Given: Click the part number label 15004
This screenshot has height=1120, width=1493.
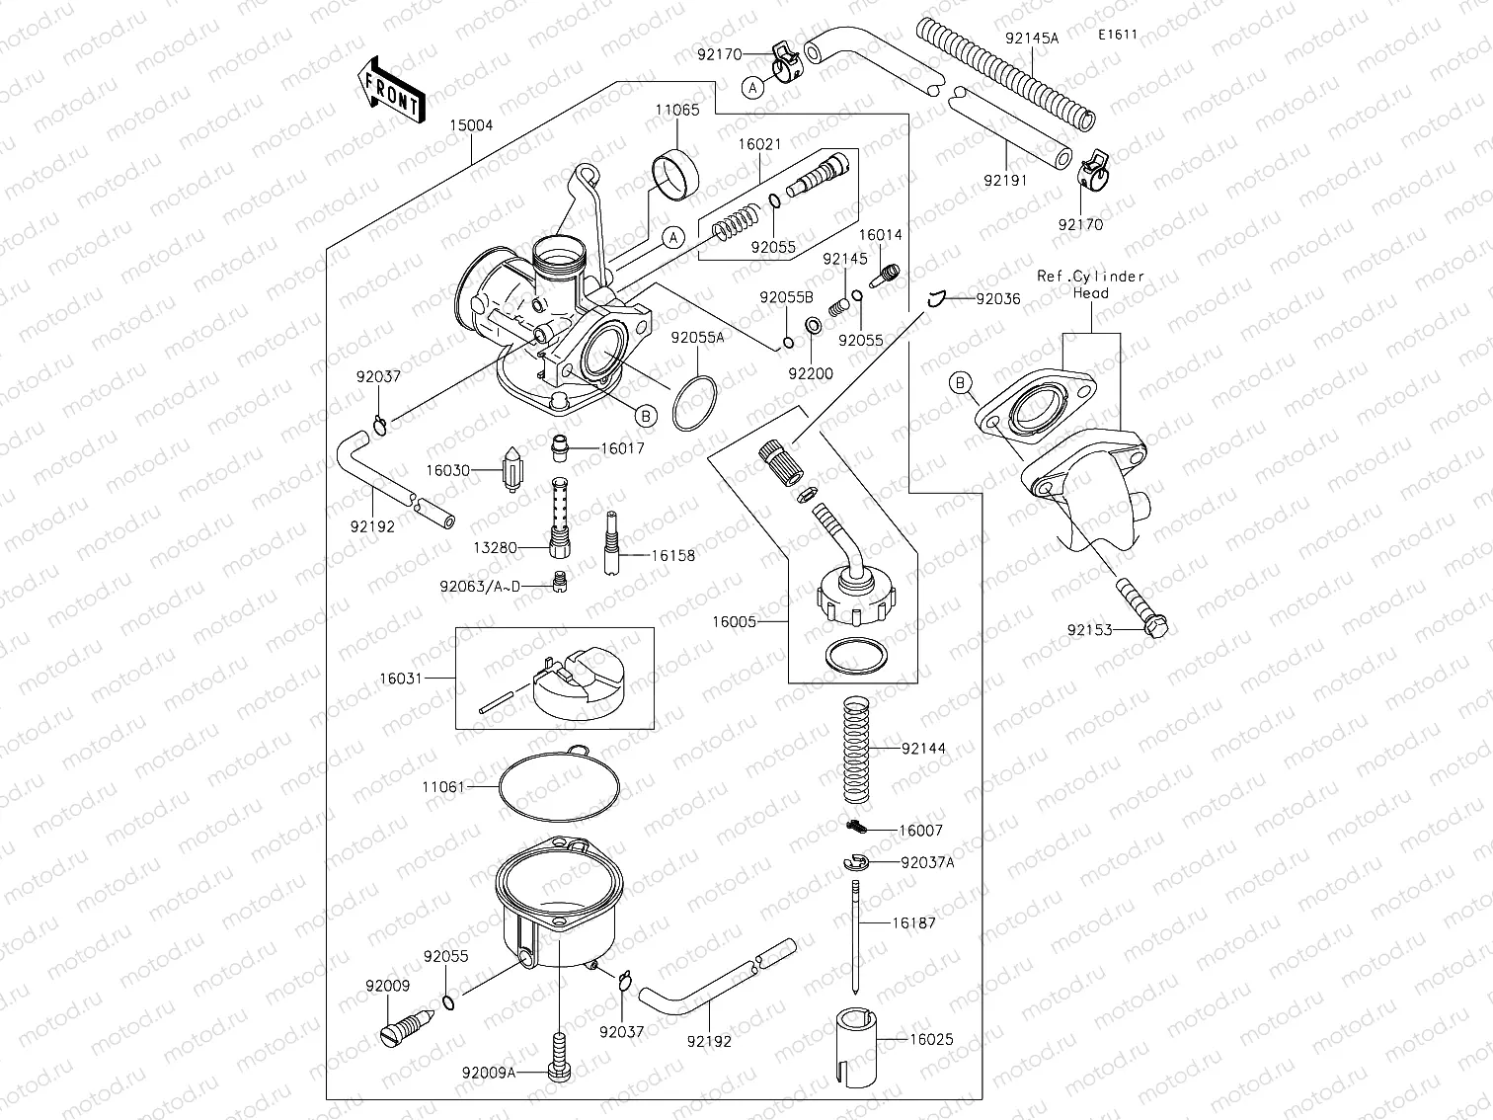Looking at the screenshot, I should click(471, 126).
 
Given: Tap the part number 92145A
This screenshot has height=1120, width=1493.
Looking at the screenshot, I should click(1032, 39).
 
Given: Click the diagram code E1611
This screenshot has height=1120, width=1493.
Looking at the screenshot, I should click(1118, 35).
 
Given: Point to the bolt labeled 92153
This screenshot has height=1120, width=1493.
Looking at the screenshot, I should click(1141, 607).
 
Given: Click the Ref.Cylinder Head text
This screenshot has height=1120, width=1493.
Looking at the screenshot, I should click(1091, 284).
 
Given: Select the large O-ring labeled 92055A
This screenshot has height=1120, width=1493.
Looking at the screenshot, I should click(696, 404).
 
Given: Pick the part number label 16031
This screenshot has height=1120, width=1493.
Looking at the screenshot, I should click(400, 679).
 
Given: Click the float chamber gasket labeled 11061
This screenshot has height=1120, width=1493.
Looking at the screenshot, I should click(559, 787).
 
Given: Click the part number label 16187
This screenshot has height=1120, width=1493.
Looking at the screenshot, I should click(913, 922).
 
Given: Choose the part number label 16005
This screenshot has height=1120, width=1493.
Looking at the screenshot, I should click(735, 622).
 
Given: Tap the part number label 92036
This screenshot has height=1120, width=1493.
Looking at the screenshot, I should click(997, 298).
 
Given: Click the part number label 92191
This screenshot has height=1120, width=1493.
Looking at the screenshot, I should click(1005, 181).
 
